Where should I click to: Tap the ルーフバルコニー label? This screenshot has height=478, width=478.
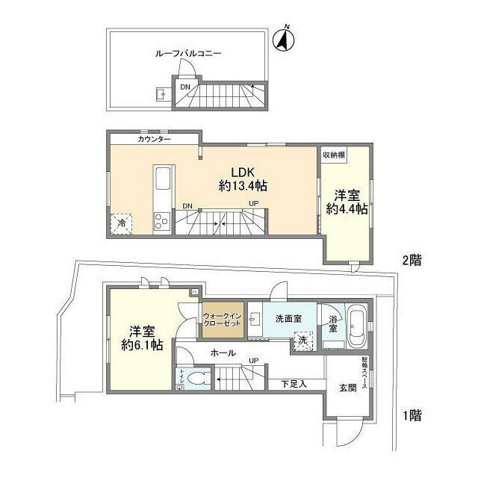pos(188,54)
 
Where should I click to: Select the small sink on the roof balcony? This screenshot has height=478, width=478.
pos(161,94)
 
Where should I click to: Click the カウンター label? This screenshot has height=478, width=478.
pos(154,140)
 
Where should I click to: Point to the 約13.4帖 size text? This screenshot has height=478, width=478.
pos(243,185)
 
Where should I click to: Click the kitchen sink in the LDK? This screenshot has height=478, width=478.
pos(164,180)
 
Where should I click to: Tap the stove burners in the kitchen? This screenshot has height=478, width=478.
pos(161,220)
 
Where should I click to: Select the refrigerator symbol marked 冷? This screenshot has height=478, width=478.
pos(119,223)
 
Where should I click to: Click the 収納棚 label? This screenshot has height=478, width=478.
pos(334,155)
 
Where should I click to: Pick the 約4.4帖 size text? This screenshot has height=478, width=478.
pos(347,210)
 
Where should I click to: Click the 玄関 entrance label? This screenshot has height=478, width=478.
pos(349,388)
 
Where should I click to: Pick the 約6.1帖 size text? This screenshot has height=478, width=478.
pos(143,345)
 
